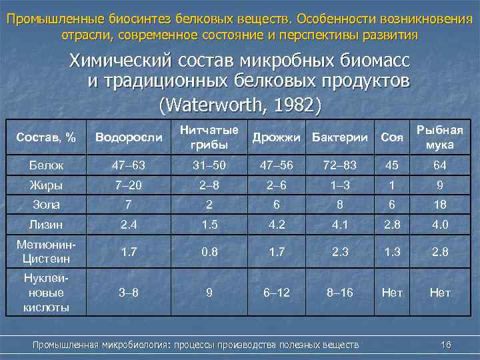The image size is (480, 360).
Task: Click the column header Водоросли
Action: coord(129,137)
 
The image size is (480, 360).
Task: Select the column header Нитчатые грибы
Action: coord(209,138)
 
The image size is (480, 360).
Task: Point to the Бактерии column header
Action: coord(340,137)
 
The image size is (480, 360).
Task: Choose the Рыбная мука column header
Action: coord(440,137)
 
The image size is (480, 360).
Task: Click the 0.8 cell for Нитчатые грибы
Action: coord(209,252)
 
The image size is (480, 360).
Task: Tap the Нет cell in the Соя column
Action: coord(393,292)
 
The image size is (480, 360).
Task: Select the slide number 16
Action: coord(446,344)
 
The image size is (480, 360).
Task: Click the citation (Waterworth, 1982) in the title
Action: coord(240,105)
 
